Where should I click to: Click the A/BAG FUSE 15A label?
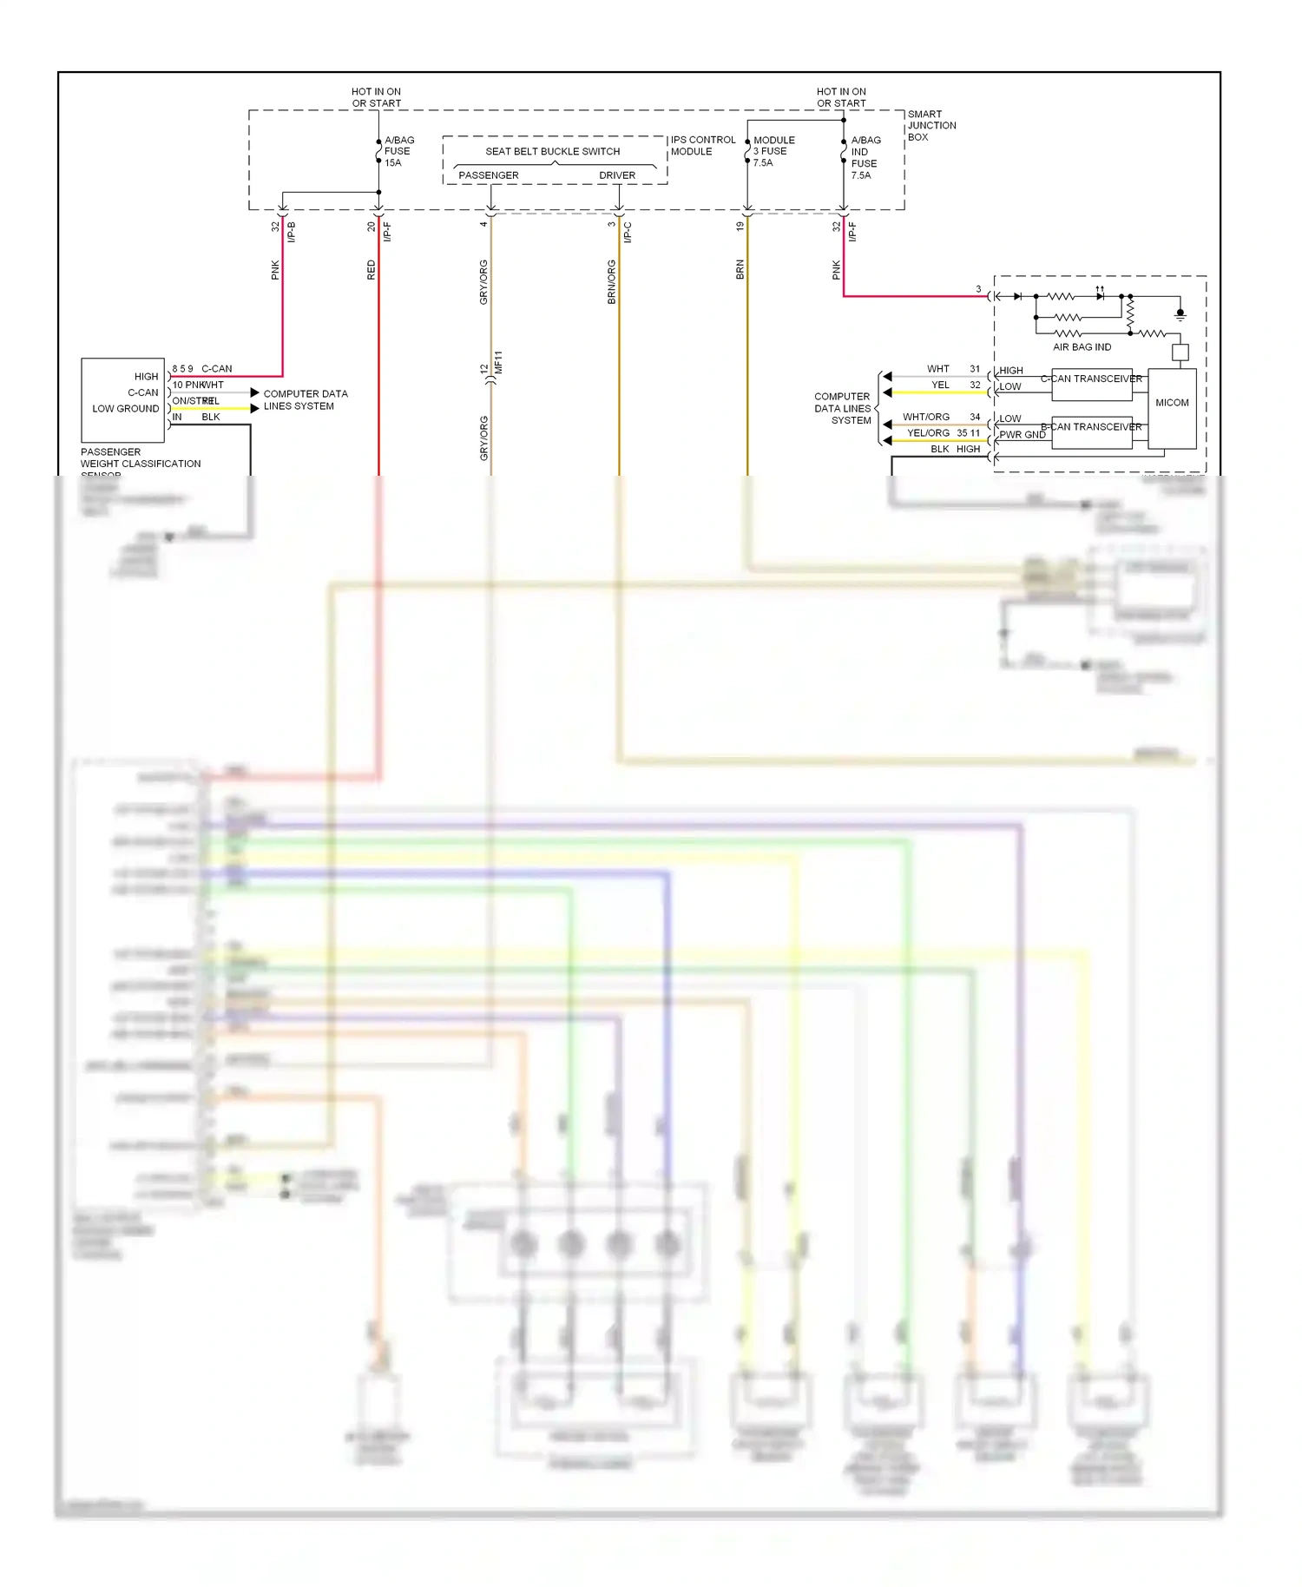(398, 151)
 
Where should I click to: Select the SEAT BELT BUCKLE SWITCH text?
(552, 151)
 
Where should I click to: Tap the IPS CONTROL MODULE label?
(702, 145)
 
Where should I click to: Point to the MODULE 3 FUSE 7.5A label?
(773, 151)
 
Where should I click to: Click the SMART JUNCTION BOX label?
(930, 125)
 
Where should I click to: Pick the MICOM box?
(1172, 403)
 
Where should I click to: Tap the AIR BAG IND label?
(1082, 347)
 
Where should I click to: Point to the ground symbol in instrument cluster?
(1180, 313)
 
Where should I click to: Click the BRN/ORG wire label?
(611, 281)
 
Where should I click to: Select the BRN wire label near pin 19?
(740, 269)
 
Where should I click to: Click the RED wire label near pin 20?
(371, 270)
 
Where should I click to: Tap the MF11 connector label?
(498, 362)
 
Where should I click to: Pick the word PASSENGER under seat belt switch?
(488, 175)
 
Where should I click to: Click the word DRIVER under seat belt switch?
(616, 175)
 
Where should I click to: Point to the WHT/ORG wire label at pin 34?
(925, 417)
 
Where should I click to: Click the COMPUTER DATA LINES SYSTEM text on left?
(305, 399)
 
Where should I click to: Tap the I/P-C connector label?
(628, 232)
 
